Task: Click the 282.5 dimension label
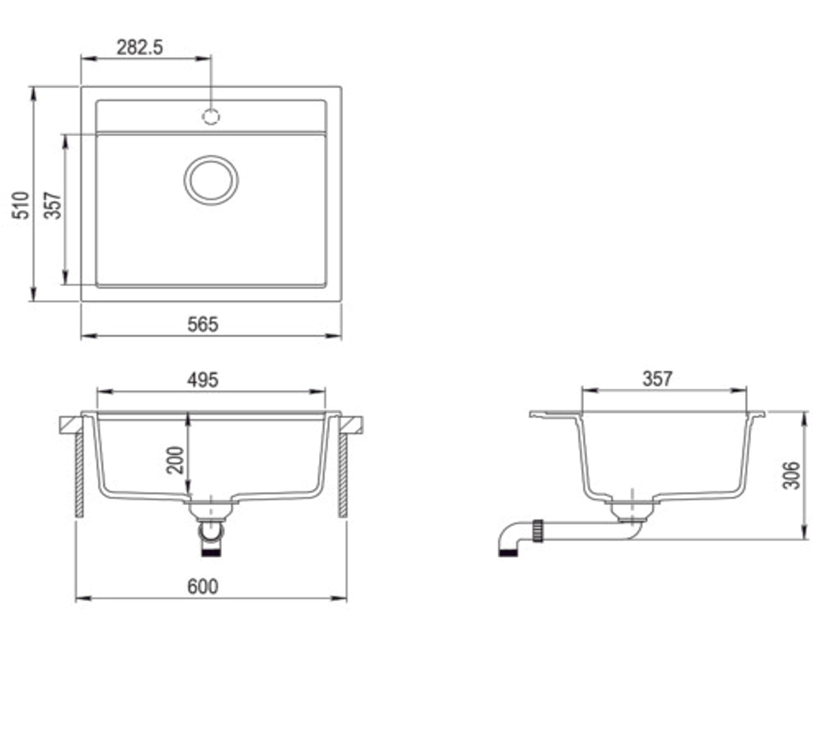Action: (140, 47)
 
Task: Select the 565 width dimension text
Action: (203, 324)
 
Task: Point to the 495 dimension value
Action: (203, 380)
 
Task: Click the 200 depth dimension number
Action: (175, 460)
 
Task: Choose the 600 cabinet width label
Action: (203, 586)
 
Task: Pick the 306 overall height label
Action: (791, 475)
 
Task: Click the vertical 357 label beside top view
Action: (53, 205)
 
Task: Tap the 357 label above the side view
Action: (657, 379)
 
